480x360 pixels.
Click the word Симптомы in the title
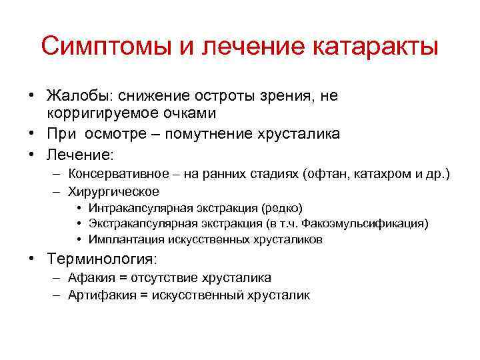point(98,47)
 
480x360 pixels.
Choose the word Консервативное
point(118,175)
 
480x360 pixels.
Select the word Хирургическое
point(113,192)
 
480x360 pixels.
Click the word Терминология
point(103,259)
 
